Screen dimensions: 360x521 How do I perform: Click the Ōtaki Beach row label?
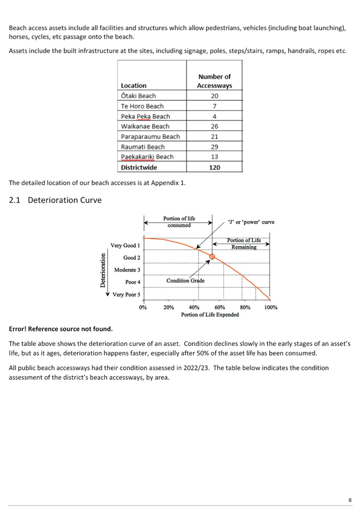pyautogui.click(x=138, y=96)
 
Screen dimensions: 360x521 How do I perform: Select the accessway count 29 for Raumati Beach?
pyautogui.click(x=214, y=147)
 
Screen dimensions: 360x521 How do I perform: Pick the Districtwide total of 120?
pyautogui.click(x=214, y=167)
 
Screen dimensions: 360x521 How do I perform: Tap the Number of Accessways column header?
pyautogui.click(x=214, y=81)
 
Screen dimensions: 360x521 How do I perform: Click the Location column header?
pyautogui.click(x=133, y=85)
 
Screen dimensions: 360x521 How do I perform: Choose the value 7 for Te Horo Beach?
pyautogui.click(x=214, y=106)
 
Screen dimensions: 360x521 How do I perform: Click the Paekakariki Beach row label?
pyautogui.click(x=147, y=157)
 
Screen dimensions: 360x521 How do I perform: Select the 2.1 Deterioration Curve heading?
pyautogui.click(x=55, y=200)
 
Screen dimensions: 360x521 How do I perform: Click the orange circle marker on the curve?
pyautogui.click(x=212, y=257)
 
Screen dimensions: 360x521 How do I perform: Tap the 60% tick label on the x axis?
pyautogui.click(x=219, y=307)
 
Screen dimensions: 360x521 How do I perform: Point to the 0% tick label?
pyautogui.click(x=143, y=307)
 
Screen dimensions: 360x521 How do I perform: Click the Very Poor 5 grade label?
pyautogui.click(x=126, y=295)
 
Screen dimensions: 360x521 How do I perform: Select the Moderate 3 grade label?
pyautogui.click(x=127, y=270)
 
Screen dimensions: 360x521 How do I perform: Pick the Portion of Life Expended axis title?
pyautogui.click(x=210, y=314)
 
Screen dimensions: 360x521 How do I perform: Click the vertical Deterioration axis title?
pyautogui.click(x=103, y=270)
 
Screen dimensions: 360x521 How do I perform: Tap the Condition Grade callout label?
pyautogui.click(x=185, y=281)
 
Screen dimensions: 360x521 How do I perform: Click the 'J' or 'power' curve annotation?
pyautogui.click(x=251, y=222)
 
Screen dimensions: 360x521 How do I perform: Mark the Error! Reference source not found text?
pyautogui.click(x=61, y=329)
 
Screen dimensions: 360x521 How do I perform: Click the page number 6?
pyautogui.click(x=350, y=500)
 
